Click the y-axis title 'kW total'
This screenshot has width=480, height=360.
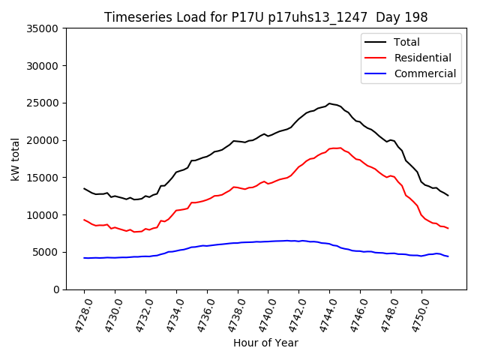point(16,159)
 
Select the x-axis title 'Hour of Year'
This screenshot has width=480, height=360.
point(265,343)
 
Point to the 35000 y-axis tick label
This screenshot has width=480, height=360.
point(43,28)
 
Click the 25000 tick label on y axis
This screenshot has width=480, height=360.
point(43,103)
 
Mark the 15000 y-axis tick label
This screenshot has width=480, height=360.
point(43,178)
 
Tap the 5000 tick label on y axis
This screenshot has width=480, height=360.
point(46,252)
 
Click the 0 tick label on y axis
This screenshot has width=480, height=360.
point(56,289)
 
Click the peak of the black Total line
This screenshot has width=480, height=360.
point(329,103)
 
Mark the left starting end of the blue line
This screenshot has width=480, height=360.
point(84,258)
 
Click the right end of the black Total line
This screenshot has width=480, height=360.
point(448,196)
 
